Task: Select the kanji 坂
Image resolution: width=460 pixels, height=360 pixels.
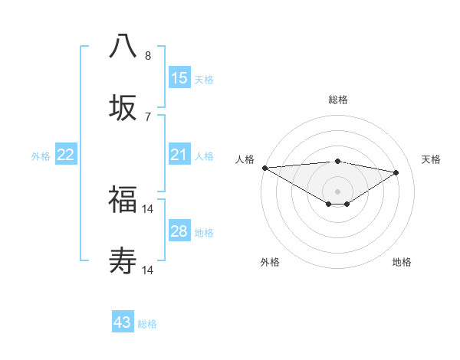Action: pos(123,107)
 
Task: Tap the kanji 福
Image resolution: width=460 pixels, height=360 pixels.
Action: pos(123,199)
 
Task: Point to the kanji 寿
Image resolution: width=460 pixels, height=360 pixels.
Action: pos(123,261)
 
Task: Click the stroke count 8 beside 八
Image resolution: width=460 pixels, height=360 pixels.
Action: pos(148,56)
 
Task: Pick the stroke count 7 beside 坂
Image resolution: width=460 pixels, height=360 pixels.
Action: pos(148,116)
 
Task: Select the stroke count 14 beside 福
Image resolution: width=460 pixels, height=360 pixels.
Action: pos(148,208)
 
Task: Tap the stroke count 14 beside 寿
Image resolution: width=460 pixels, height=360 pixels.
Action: pos(148,270)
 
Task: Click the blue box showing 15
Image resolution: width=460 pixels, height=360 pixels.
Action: pos(179,77)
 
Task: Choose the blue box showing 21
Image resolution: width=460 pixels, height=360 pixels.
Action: pos(179,155)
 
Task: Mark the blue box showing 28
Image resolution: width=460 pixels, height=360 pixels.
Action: pos(179,231)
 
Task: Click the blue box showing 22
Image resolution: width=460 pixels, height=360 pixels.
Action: pos(66,155)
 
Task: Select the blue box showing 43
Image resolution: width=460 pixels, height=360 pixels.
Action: pos(123,322)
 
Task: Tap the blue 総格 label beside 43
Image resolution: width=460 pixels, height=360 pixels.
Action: pos(148,324)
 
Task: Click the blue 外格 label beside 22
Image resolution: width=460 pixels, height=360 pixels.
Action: pos(41,156)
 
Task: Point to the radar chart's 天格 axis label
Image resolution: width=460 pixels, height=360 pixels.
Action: pos(431,159)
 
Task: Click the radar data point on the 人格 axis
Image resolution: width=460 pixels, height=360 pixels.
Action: pos(264,168)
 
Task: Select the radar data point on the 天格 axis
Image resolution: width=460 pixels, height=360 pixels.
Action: pos(396,172)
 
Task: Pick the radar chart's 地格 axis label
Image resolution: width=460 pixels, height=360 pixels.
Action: pos(402,262)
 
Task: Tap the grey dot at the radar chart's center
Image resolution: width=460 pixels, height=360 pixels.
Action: pos(337,191)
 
